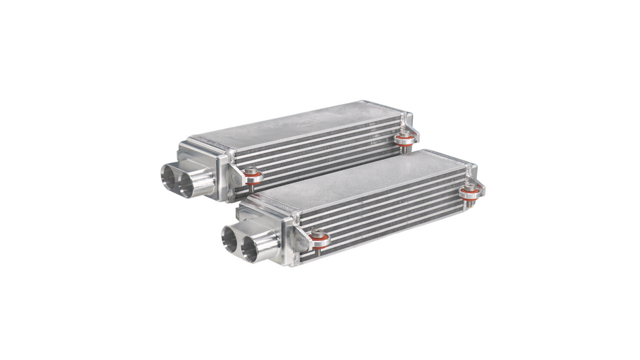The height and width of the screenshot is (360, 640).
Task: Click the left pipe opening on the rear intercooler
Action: point(169,176)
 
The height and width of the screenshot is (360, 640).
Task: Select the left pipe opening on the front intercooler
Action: point(231,238)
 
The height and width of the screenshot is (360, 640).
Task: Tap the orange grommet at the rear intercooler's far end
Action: point(405,142)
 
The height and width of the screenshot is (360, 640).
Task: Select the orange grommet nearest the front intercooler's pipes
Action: point(319,240)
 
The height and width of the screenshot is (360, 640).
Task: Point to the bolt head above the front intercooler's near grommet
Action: point(319,233)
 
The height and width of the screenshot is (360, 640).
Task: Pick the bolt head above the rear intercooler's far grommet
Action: point(405,135)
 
